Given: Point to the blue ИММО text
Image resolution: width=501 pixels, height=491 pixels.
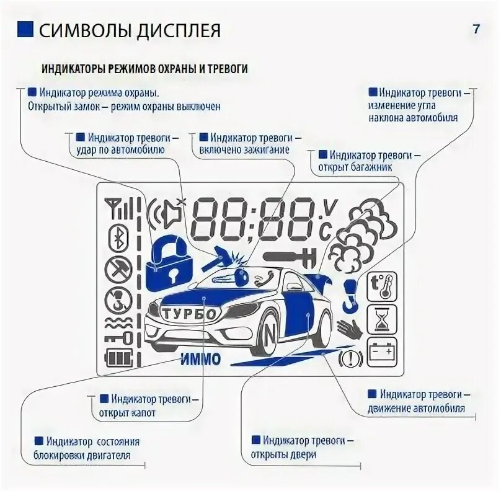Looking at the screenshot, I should pyautogui.click(x=202, y=359).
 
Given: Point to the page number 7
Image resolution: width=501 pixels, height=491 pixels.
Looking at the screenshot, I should pyautogui.click(x=476, y=29).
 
